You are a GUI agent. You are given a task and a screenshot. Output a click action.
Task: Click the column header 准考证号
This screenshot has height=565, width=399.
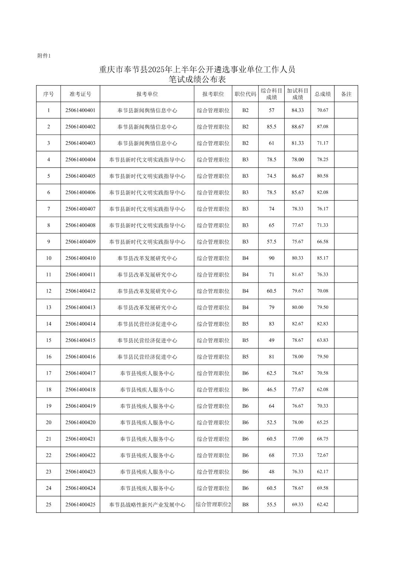(80, 94)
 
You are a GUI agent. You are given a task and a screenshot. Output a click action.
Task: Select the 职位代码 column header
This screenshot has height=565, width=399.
(245, 94)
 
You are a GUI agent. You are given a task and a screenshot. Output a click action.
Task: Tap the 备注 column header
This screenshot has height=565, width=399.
(346, 94)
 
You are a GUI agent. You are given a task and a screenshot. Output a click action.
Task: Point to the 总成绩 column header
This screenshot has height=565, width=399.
(322, 94)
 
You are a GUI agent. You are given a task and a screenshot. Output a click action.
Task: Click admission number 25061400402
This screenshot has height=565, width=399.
(80, 127)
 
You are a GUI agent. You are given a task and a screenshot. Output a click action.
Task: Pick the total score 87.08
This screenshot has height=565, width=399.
(322, 127)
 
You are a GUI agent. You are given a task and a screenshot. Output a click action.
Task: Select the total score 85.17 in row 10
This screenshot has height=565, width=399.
(322, 258)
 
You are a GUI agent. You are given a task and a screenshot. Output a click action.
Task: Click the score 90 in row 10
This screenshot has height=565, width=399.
(272, 258)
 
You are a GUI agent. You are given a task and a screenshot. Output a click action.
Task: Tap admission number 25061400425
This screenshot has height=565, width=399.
(80, 504)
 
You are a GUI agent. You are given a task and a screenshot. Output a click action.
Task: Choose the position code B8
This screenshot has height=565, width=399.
(245, 504)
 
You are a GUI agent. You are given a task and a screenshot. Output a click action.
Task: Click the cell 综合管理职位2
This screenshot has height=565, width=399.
(213, 504)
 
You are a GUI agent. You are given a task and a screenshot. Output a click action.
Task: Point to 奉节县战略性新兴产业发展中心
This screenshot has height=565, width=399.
(147, 505)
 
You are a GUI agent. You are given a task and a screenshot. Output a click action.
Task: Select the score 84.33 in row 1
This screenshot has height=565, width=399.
(298, 110)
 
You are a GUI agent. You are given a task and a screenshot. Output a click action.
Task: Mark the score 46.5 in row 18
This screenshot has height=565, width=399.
(272, 390)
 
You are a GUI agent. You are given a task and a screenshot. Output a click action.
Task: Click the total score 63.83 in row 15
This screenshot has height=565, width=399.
(322, 340)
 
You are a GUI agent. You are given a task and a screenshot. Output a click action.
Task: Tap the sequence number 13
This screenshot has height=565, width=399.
(49, 307)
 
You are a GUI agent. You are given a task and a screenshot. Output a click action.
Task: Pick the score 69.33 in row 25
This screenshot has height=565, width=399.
(298, 504)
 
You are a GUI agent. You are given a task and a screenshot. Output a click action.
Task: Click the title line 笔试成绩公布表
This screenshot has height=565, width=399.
(197, 79)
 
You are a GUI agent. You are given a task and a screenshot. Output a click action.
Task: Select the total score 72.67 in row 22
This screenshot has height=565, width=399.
(322, 455)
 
